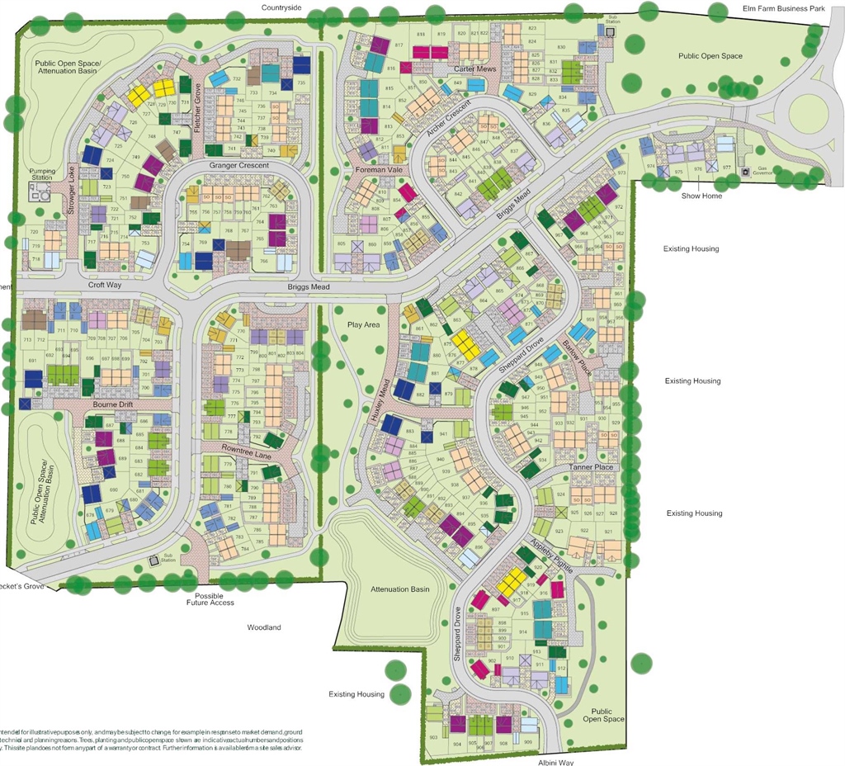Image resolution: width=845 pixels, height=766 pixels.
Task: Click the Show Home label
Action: (701, 196)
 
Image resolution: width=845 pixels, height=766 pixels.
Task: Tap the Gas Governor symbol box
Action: (745, 172)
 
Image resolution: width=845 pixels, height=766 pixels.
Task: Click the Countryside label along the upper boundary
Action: (282, 7)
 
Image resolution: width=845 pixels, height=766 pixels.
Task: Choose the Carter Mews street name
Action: (474, 69)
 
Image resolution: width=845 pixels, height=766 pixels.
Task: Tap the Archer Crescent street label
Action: (448, 118)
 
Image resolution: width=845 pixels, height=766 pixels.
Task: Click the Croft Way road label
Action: (106, 285)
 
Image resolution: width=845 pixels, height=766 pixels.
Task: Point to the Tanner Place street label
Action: (591, 467)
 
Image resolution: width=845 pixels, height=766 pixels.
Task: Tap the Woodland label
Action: (264, 627)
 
